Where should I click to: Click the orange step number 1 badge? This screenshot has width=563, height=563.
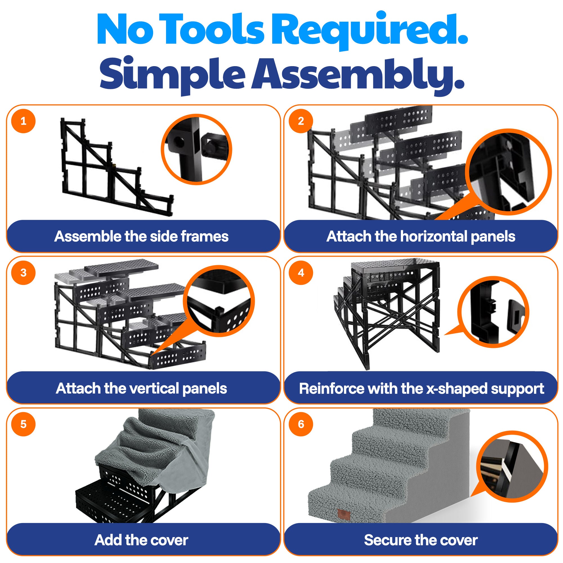click(x=23, y=121)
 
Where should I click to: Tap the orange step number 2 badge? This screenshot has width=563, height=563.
click(x=301, y=121)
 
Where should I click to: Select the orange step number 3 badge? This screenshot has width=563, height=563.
click(x=23, y=272)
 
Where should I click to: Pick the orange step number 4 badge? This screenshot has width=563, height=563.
click(x=301, y=272)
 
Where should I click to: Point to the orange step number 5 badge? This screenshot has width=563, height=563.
click(x=23, y=424)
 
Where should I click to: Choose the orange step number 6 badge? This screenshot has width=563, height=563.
click(x=301, y=424)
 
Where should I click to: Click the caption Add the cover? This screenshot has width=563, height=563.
click(x=141, y=540)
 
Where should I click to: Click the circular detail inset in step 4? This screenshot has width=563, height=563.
click(x=493, y=312)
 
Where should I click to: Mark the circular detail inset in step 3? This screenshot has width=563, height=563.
click(x=219, y=301)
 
